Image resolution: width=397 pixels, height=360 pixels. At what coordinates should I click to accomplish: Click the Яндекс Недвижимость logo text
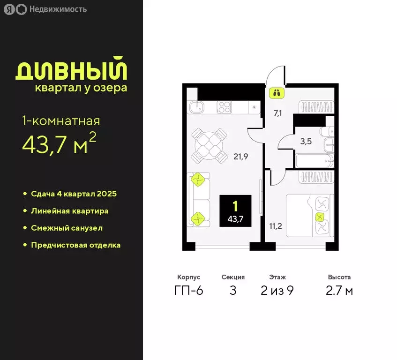coord(45,9)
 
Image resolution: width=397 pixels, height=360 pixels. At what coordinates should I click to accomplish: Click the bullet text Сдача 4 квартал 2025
coord(74,194)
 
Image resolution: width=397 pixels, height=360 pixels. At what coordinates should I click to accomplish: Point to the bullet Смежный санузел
coord(67,228)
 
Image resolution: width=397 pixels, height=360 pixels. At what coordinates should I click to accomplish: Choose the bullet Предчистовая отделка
coord(75,245)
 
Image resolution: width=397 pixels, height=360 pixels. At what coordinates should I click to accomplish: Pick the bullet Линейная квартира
coord(69,211)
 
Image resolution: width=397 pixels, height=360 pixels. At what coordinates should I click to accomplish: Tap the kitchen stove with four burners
coord(225,107)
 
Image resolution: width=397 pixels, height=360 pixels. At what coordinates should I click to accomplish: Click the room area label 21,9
coord(240,157)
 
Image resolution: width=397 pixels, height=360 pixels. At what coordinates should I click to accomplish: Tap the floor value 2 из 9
coord(277,291)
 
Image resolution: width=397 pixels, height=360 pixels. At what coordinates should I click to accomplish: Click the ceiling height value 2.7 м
coord(339,291)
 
